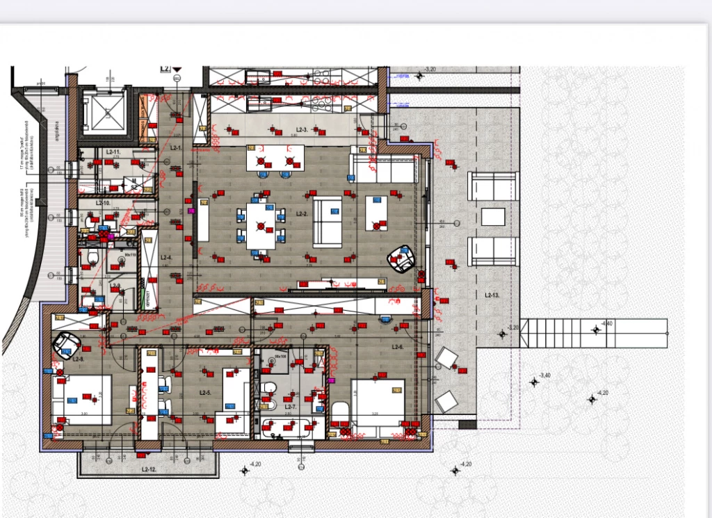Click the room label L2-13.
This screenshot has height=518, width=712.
(492, 296)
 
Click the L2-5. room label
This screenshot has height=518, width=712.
(205, 393)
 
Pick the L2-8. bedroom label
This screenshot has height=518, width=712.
(78, 359)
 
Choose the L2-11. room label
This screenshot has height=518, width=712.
(113, 152)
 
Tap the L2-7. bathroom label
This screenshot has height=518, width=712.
(291, 406)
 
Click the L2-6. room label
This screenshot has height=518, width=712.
(398, 346)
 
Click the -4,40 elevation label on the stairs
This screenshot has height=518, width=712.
(606, 324)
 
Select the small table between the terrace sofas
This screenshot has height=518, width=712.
(494, 216)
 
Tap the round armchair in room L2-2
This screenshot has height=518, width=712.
(401, 258)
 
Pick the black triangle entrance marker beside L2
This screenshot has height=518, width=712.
(177, 69)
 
